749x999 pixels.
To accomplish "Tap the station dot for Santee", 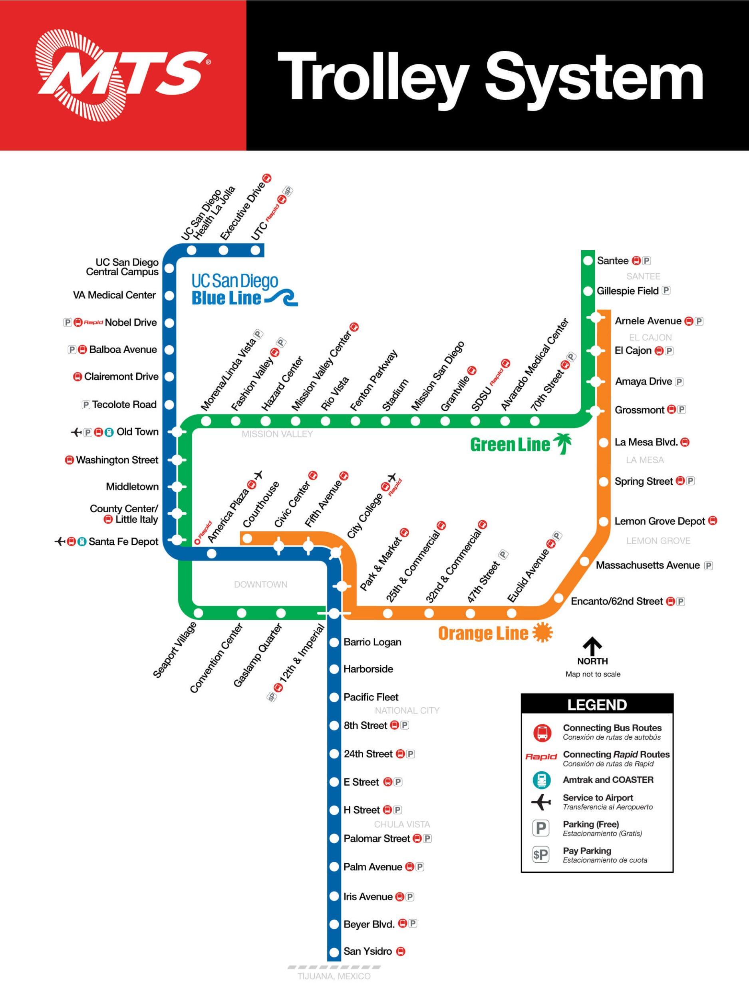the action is pyautogui.click(x=588, y=261).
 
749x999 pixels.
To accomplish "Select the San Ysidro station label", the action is pyautogui.click(x=368, y=951).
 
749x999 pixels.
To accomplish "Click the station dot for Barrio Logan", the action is pyautogui.click(x=334, y=642).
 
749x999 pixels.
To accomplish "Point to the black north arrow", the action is pyautogui.click(x=592, y=646).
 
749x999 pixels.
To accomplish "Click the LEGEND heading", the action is pyautogui.click(x=597, y=705).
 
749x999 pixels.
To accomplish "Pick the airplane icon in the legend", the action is pyautogui.click(x=541, y=802).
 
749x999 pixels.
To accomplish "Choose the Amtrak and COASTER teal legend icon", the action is pyautogui.click(x=541, y=780).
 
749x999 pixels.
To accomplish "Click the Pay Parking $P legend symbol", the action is pyautogui.click(x=541, y=854).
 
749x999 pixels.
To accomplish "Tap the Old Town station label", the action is pyautogui.click(x=138, y=432).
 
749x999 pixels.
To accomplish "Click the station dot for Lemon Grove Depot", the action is pyautogui.click(x=604, y=521).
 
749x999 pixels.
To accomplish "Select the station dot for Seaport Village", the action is pyautogui.click(x=198, y=613).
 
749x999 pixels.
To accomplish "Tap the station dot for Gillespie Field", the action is pyautogui.click(x=588, y=291).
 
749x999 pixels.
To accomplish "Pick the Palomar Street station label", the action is pyautogui.click(x=377, y=838).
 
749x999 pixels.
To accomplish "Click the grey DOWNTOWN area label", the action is pyautogui.click(x=260, y=584).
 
